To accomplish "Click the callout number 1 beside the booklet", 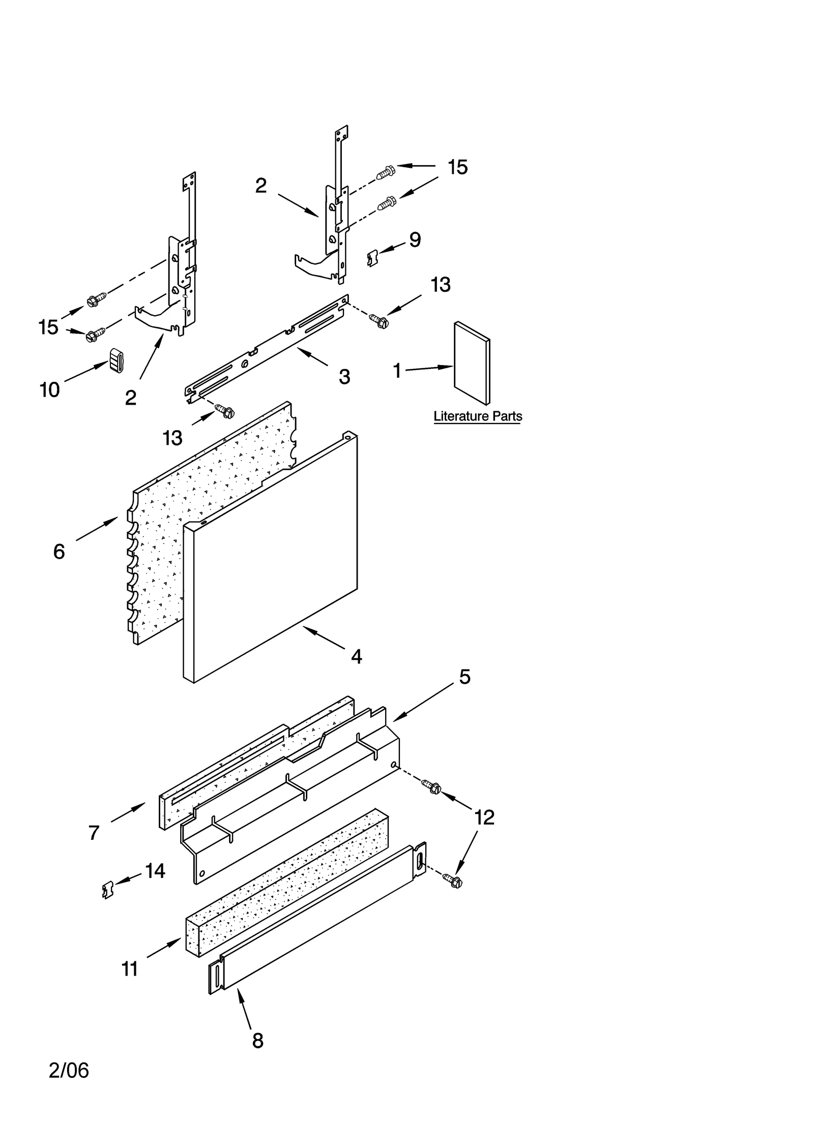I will (397, 371).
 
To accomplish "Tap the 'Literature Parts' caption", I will (478, 416).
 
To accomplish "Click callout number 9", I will (415, 239).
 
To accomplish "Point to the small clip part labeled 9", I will (372, 258).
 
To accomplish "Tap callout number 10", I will (49, 390).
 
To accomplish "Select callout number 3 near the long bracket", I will (344, 377).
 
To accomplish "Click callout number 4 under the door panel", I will (357, 657).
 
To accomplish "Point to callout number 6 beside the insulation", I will (59, 552).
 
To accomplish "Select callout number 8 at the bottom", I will (258, 1041).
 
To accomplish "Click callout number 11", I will (130, 969).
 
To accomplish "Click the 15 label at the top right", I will (457, 167).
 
